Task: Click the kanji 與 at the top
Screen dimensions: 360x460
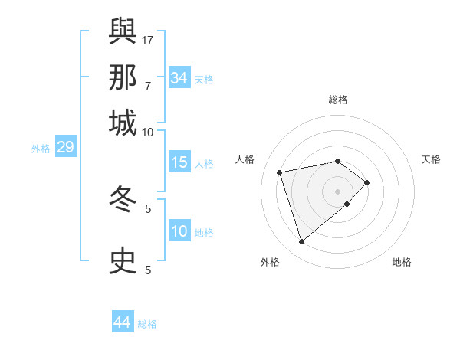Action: point(123,31)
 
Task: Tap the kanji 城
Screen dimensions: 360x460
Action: point(123,123)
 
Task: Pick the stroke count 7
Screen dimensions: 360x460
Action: point(148,86)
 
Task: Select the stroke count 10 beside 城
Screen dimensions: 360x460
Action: point(148,132)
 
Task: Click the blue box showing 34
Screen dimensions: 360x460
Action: point(179,78)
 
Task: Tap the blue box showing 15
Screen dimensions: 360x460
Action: point(179,162)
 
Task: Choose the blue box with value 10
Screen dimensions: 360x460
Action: point(179,231)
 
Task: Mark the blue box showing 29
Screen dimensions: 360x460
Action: point(65,147)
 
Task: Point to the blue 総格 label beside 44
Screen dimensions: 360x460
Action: point(147,324)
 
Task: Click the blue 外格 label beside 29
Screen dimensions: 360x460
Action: point(40,149)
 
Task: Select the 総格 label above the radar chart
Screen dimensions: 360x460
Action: point(338,100)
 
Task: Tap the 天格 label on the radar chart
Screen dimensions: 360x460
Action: point(431,159)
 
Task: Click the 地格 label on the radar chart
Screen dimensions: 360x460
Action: point(402,263)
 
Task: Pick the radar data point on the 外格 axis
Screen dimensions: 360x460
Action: point(301,242)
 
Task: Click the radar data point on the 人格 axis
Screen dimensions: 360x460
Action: point(280,172)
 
